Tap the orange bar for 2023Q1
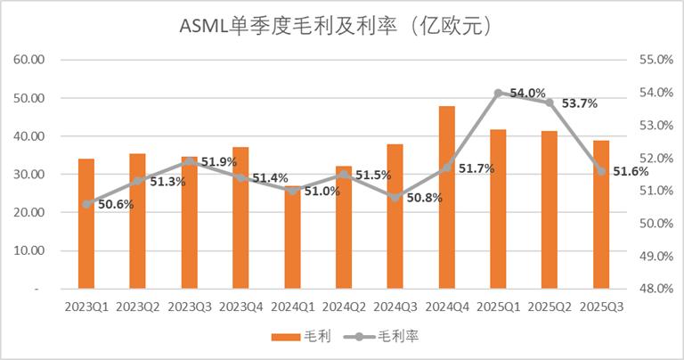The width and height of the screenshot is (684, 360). pyautogui.click(x=86, y=224)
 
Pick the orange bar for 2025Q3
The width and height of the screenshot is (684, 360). pyautogui.click(x=601, y=215)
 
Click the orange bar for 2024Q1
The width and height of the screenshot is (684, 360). pyautogui.click(x=292, y=239)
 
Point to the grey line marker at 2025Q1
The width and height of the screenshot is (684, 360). pyautogui.click(x=499, y=93)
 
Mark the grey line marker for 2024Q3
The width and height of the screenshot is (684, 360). pyautogui.click(x=395, y=197)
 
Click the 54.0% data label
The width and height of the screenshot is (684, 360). pyautogui.click(x=526, y=93)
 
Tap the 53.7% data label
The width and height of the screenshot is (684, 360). pyautogui.click(x=578, y=103)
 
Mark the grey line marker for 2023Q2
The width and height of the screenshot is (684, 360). pyautogui.click(x=138, y=181)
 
